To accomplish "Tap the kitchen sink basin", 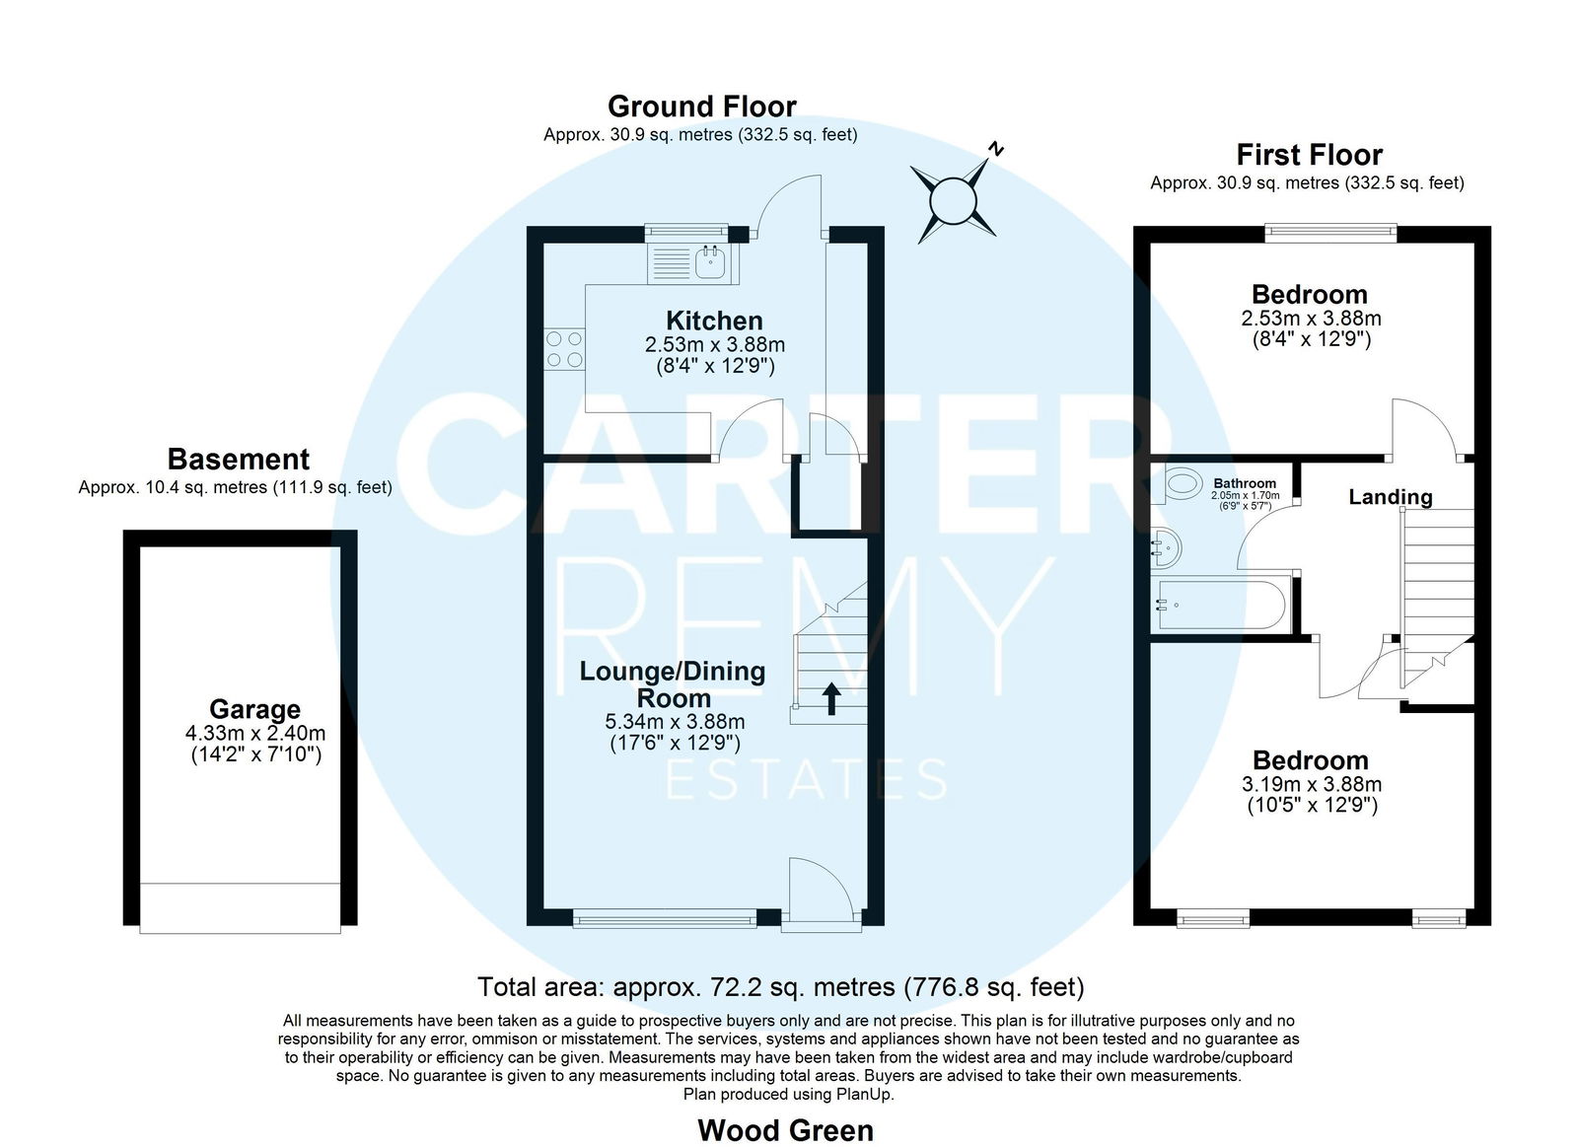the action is point(710,262).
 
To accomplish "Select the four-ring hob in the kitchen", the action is point(564,349).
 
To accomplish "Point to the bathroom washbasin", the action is point(1167,547).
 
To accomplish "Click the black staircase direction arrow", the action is point(831,698).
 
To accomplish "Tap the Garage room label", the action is point(255,709).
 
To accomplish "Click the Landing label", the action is point(1391,497).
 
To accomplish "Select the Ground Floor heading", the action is point(701,108).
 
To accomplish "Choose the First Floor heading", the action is point(1309,154).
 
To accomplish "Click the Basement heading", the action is point(238,460).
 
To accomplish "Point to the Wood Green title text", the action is point(785,1131).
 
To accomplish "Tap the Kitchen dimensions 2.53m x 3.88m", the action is point(715,345).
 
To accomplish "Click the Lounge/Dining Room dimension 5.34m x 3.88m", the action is point(675,722).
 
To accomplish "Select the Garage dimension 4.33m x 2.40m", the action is point(255,733).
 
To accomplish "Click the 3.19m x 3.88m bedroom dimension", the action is point(1312,784).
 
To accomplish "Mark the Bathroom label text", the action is point(1245,483).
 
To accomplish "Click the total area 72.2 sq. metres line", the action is point(780,987).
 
